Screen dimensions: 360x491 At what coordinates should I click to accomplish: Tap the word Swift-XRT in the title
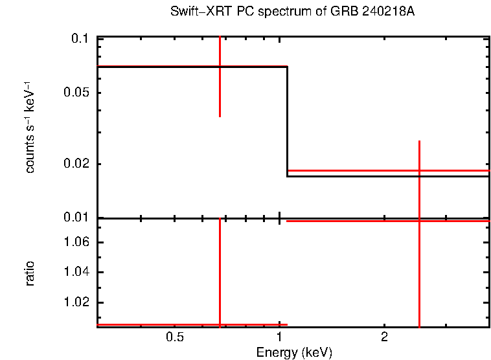194,12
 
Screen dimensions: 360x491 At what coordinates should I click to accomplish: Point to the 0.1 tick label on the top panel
80,39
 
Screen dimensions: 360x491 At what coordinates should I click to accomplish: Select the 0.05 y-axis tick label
76,93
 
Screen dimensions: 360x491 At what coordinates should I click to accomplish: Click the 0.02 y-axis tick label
76,164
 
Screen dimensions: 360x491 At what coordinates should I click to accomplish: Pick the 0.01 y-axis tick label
76,218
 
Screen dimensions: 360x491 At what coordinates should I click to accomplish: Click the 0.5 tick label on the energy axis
174,338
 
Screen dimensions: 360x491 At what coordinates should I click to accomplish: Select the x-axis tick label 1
279,338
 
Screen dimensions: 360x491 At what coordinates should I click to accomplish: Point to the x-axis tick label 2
384,338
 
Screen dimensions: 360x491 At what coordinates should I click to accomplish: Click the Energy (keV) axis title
294,352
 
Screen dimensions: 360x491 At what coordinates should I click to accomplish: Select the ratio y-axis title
30,273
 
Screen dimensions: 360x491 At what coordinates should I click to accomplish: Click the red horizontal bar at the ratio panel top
389,221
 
